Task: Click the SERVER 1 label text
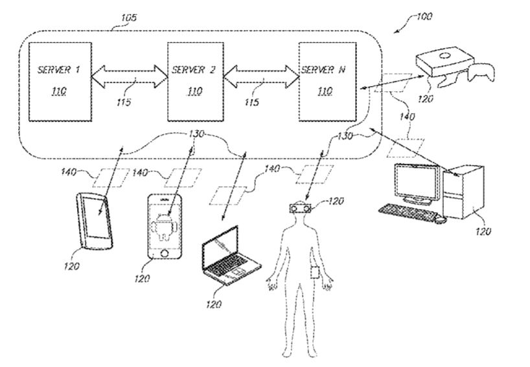point(59,70)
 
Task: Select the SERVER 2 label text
point(193,70)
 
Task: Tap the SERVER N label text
point(323,70)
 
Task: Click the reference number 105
point(129,17)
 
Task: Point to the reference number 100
point(424,16)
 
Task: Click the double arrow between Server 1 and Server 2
point(130,76)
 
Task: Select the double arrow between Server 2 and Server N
point(262,76)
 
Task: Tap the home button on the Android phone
point(165,253)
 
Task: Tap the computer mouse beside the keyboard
point(440,220)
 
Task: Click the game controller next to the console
point(481,72)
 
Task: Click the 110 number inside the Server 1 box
point(59,91)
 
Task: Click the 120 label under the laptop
point(214,305)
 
